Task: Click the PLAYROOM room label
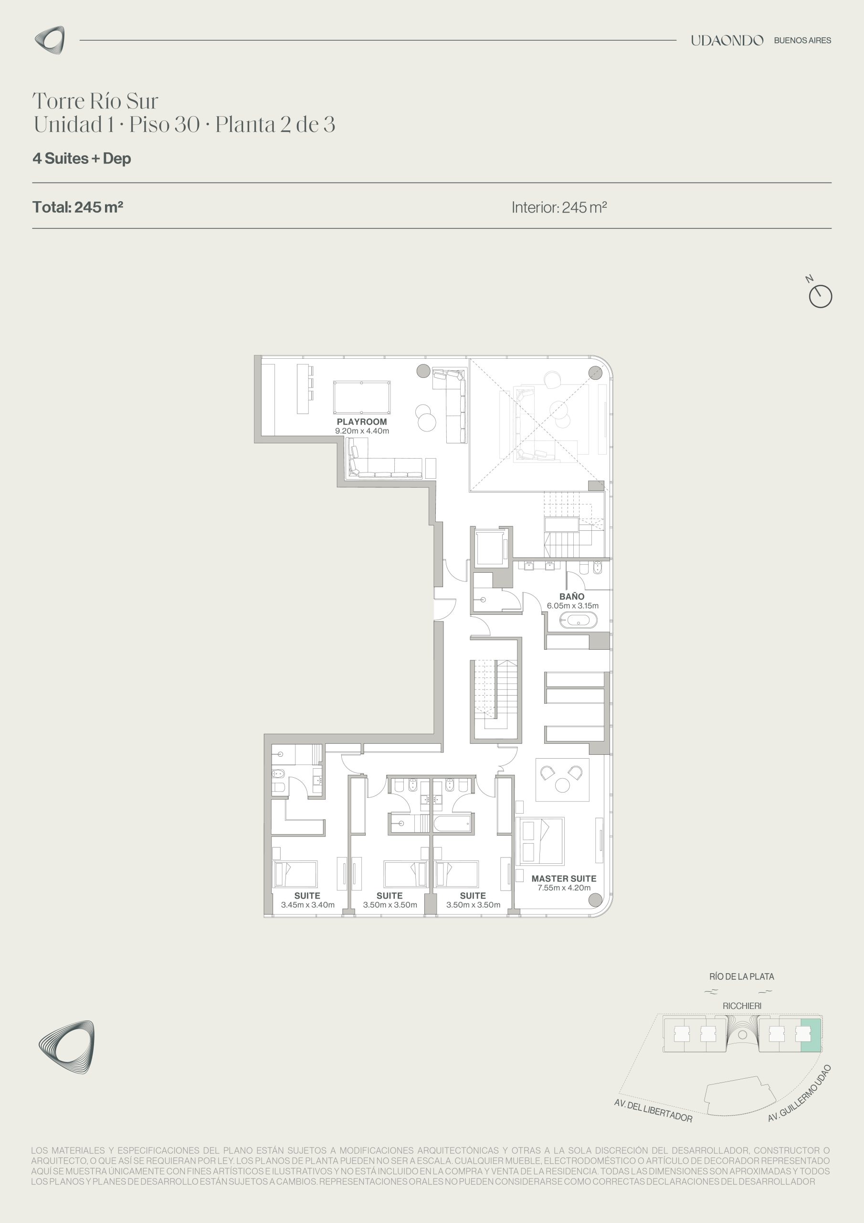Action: pos(361,422)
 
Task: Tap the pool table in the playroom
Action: pos(362,397)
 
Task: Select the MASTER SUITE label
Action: pos(564,879)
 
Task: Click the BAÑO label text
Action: pos(572,597)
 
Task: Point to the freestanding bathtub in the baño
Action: pos(578,620)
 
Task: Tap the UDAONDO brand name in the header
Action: pos(727,40)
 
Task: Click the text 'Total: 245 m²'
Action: pos(78,207)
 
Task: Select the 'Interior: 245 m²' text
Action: pos(559,207)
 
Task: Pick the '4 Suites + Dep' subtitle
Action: pos(82,158)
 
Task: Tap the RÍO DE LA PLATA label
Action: pos(741,976)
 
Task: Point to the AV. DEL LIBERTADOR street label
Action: pos(653,1111)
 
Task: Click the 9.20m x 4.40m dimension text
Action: pos(362,431)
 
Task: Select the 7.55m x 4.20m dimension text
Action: pos(564,888)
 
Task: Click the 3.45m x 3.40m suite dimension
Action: pos(308,904)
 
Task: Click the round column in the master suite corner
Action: pos(595,900)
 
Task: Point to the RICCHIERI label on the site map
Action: pos(741,1006)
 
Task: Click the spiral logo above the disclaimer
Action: pos(66,1047)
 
